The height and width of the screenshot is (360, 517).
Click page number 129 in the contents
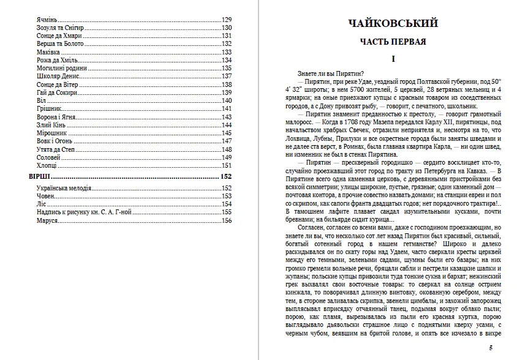tap(227, 20)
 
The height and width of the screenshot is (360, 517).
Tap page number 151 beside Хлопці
tap(227, 165)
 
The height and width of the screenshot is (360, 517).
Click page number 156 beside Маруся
tap(227, 220)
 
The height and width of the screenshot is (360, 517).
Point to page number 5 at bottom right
tap(491, 348)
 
